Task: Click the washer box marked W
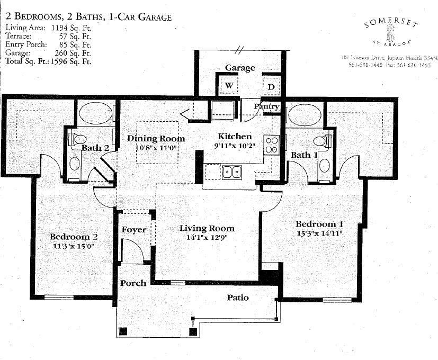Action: click(x=229, y=85)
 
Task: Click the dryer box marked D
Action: click(x=271, y=86)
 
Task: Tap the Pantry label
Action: click(x=266, y=106)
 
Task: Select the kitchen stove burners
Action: click(x=271, y=145)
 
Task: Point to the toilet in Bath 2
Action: click(x=76, y=140)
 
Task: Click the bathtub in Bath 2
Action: click(x=95, y=113)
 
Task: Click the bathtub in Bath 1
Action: click(x=304, y=113)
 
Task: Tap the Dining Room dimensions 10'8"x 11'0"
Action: click(x=149, y=148)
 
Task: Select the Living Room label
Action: click(x=207, y=228)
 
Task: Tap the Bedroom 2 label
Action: click(x=74, y=237)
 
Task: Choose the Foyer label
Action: click(x=134, y=230)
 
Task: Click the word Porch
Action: click(x=133, y=283)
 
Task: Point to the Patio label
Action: click(x=238, y=298)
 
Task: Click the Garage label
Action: click(x=240, y=68)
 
